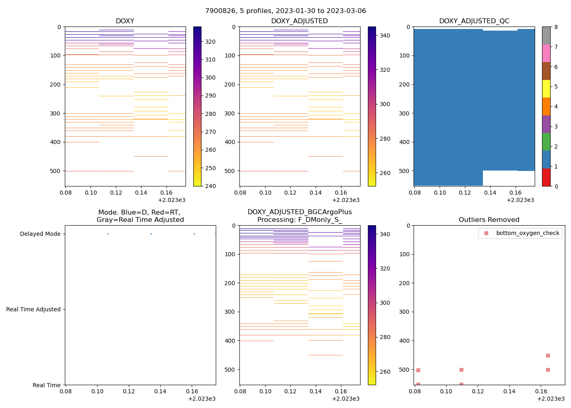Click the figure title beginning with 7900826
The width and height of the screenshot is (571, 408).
[x=285, y=11]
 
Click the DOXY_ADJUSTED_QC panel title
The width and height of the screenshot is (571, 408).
[x=474, y=21]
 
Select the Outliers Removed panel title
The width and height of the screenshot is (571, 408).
[x=489, y=220]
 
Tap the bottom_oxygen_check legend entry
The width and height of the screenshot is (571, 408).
[x=527, y=233]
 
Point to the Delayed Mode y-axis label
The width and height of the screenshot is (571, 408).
[x=40, y=234]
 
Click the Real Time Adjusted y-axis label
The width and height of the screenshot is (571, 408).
[x=33, y=310]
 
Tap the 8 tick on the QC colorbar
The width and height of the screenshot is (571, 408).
[x=556, y=27]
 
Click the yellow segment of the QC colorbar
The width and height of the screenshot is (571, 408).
[x=546, y=89]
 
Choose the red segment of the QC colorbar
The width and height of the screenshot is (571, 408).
[x=546, y=177]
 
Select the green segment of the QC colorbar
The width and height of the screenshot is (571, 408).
[x=546, y=142]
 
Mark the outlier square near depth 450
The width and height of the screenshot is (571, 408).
[x=548, y=355]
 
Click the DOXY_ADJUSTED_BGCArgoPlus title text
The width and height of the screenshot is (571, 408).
[x=299, y=212]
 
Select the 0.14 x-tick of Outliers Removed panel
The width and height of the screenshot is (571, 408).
[x=509, y=392]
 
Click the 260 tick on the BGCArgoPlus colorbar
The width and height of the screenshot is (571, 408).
[x=385, y=372]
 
